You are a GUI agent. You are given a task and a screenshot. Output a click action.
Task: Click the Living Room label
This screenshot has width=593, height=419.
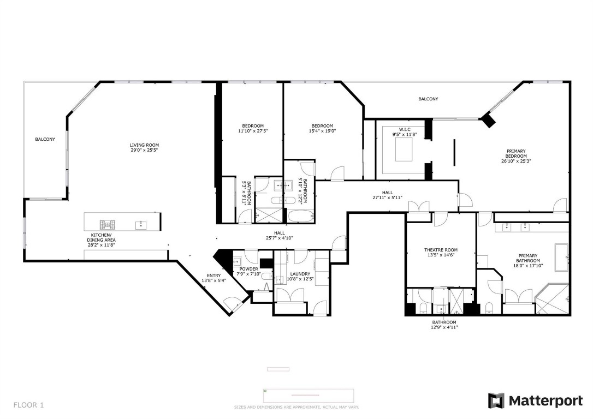[x=144, y=148]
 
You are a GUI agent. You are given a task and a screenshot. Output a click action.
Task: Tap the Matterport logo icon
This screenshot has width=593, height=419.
[x=496, y=400]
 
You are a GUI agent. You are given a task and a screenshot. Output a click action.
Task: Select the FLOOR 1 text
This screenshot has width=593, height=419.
[x=28, y=405]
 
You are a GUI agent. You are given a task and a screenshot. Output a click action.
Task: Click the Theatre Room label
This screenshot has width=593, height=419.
[x=441, y=253]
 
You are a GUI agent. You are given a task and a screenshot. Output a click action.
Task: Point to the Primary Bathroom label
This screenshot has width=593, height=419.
[x=527, y=258]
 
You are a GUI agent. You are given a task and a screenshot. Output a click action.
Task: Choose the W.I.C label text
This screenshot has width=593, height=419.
[x=404, y=131]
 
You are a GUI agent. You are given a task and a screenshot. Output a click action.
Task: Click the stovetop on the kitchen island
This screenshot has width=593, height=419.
[x=106, y=224]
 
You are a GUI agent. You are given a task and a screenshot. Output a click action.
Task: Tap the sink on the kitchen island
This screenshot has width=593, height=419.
[x=141, y=224]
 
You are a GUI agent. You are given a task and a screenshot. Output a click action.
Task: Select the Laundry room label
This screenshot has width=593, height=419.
[x=300, y=277]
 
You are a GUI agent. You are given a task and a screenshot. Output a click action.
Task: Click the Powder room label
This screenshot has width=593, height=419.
[x=249, y=272]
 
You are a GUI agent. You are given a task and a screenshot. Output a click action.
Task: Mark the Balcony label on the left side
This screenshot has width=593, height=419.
[x=45, y=140]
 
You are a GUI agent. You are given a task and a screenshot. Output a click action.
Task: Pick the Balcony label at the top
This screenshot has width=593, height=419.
[x=428, y=99]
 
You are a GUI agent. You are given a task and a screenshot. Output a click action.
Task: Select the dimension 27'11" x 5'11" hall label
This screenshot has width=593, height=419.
[x=387, y=195]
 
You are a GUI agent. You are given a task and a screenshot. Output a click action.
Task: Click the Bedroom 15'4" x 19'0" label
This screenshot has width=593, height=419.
[x=322, y=128]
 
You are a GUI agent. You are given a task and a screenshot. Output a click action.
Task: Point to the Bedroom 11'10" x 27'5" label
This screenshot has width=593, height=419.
[x=253, y=128]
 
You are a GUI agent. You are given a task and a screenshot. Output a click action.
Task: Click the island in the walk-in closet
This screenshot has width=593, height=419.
[x=404, y=149]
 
